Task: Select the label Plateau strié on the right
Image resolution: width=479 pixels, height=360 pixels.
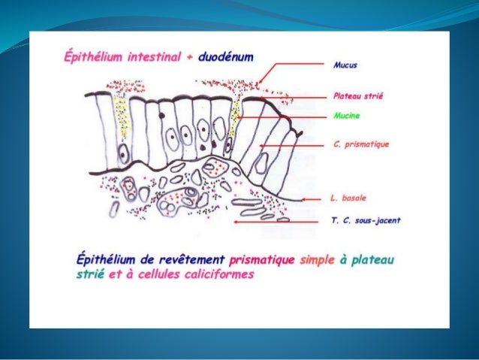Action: tap(357, 97)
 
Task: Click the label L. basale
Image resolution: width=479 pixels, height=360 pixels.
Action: tap(346, 199)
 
